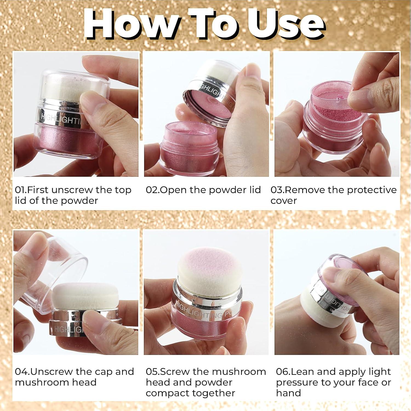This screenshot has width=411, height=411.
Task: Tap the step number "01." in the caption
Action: tap(21, 190)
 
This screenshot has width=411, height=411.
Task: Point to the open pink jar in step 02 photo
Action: tap(189, 148)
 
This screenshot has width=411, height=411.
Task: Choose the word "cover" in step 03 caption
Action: tap(284, 201)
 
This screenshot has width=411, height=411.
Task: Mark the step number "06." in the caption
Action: tap(283, 372)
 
